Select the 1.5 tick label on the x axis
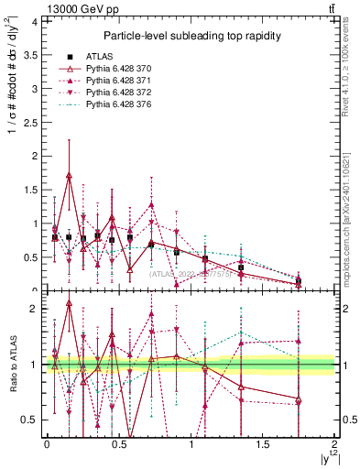[263, 444]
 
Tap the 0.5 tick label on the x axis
[118, 444]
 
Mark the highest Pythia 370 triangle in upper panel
[70, 174]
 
